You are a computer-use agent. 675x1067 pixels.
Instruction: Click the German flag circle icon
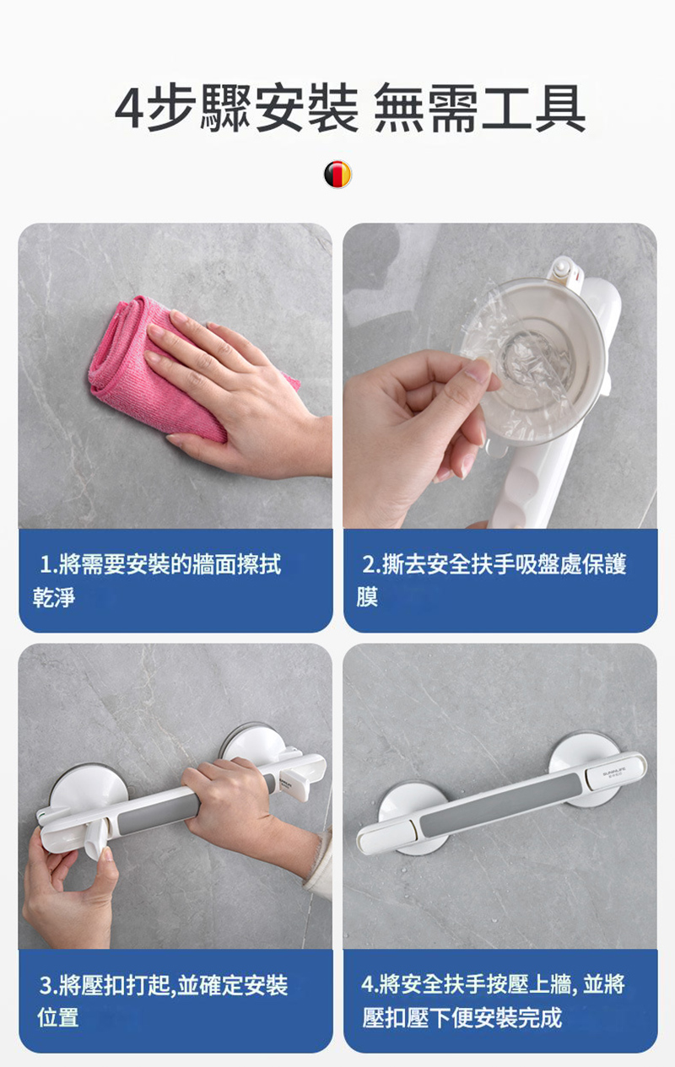click(x=337, y=175)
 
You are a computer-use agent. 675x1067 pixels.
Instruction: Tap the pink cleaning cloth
click(x=157, y=371)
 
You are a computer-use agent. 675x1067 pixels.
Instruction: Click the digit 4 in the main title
click(x=129, y=108)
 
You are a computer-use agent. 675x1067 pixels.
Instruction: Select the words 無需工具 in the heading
click(x=479, y=108)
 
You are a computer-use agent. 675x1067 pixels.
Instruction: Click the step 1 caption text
click(x=157, y=580)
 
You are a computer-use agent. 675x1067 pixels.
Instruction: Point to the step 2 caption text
click(x=492, y=580)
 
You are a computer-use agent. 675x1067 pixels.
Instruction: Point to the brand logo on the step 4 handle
click(x=614, y=772)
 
